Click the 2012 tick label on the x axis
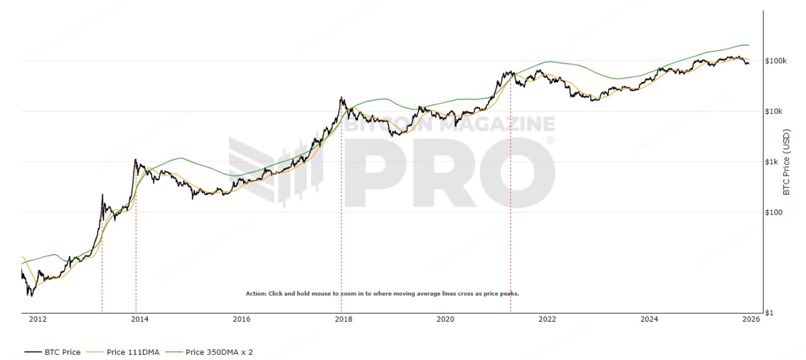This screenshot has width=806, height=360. point(38,319)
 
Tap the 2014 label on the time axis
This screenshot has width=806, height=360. point(140,319)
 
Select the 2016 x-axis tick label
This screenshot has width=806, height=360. point(242,319)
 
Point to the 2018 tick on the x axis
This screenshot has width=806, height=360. point(343,319)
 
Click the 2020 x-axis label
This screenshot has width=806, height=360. point(445,319)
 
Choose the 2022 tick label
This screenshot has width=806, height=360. point(547,319)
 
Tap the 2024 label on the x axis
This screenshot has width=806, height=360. point(649,319)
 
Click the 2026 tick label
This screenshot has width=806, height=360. point(751,319)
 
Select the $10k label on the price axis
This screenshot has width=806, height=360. point(773,111)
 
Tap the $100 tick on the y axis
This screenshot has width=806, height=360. point(773,212)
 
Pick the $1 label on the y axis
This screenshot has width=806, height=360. point(769,313)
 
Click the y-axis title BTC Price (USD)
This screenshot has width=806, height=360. point(786,162)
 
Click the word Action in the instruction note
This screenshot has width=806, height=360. point(256,293)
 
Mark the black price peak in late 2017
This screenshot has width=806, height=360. point(341,98)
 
